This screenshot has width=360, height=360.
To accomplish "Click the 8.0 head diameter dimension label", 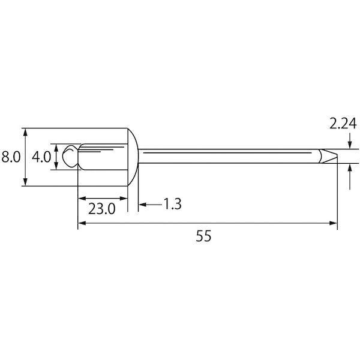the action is point(11,157).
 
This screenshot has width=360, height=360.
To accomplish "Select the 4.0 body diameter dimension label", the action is point(41,157).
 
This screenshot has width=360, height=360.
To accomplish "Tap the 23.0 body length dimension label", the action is point(102,209).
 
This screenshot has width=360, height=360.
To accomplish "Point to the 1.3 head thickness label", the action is point(172,204).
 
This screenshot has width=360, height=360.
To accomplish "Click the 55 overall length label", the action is point(203,236).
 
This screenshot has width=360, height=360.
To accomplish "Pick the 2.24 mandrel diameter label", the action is point(343,124).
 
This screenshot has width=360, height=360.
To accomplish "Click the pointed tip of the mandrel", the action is point(337,156).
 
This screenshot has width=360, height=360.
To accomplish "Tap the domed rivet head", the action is point(133,157).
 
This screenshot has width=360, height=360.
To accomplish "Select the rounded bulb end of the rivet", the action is point(70,156).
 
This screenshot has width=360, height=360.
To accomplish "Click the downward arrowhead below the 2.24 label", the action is point(350,145).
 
